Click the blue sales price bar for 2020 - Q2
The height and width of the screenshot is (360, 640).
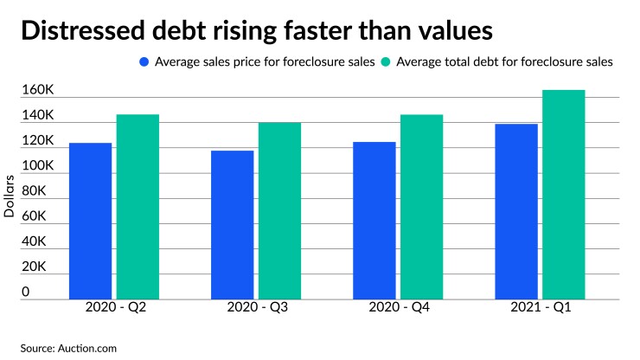(91, 221)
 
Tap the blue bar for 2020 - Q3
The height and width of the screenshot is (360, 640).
(233, 225)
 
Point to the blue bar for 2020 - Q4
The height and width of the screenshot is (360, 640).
(374, 221)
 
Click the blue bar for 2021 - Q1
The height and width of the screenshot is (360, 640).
(516, 211)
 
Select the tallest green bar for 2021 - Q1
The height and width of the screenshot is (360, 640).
(563, 195)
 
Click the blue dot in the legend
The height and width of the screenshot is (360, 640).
(144, 61)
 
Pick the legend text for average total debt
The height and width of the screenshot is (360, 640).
(503, 61)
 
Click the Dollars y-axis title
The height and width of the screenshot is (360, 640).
(10, 197)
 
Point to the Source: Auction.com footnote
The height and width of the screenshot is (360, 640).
(69, 348)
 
